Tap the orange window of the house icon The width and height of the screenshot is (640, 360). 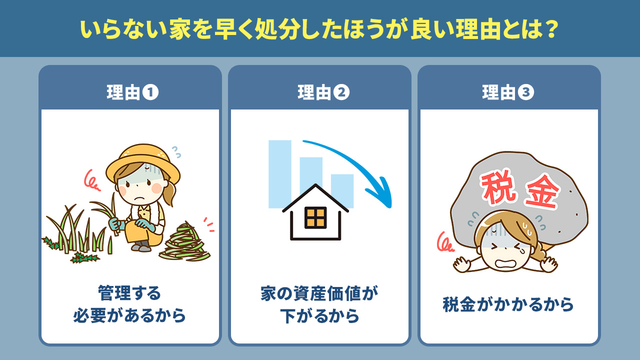(x=315, y=217)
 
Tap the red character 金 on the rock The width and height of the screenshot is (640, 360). (x=541, y=193)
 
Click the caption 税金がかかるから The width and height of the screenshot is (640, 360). (x=508, y=304)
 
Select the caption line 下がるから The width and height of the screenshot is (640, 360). (x=319, y=316)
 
